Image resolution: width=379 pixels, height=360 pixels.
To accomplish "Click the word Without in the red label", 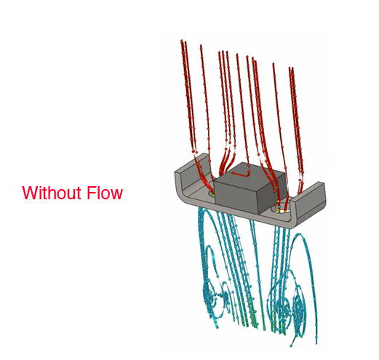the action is point(52,193).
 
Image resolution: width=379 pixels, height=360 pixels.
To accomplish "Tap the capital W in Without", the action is point(29,193).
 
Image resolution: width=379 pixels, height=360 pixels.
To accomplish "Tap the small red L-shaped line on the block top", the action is point(242,173).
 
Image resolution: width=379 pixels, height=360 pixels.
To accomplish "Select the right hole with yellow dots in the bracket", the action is point(281,209).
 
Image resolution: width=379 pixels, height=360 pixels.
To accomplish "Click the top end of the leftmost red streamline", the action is point(181,40).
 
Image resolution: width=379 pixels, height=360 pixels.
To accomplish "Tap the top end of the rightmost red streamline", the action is point(292,68).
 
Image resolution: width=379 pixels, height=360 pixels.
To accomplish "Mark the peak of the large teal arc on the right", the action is point(300,233).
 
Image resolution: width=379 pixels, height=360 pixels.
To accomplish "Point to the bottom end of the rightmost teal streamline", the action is point(316,343).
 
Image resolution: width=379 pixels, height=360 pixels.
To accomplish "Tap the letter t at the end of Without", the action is point(79,193).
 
